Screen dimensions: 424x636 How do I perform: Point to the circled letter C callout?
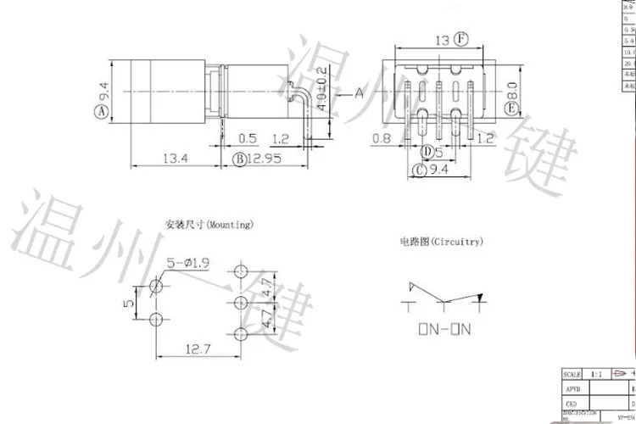click(x=417, y=170)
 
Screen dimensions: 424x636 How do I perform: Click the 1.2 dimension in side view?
click(x=282, y=137)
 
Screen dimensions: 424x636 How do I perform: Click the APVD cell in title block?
click(x=574, y=388)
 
